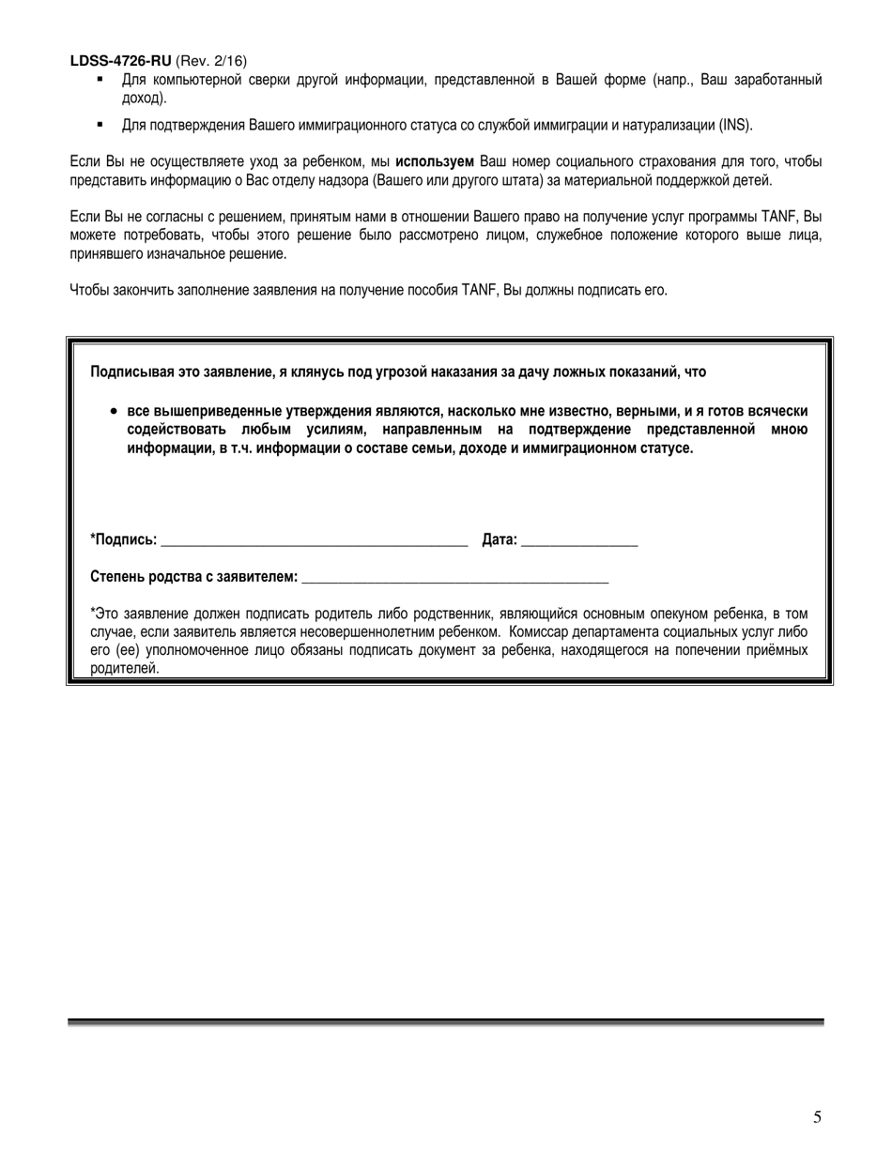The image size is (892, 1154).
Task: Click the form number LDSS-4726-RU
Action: pos(120,61)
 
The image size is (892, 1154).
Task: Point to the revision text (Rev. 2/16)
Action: pos(211,61)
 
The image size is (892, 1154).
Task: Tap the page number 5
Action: pos(817,1116)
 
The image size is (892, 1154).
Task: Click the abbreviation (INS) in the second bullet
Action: pos(735,125)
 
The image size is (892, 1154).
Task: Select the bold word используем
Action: pos(435,162)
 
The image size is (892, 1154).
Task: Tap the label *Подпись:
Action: pos(123,539)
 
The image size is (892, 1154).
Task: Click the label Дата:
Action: pos(500,539)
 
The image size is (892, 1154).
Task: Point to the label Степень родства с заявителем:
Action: pos(194,577)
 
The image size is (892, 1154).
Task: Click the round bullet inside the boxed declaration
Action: pos(114,411)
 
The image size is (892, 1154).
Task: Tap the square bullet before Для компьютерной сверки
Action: pos(100,80)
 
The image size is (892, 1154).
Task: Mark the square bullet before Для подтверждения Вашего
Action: pos(100,125)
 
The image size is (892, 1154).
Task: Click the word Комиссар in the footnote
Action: pos(539,632)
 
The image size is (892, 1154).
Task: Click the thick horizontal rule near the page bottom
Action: pos(445,1022)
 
